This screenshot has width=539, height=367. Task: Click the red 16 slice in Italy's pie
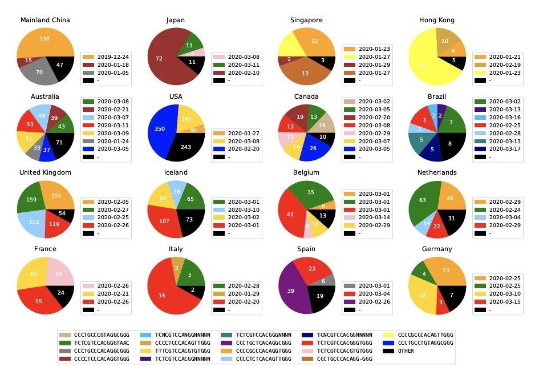click(x=163, y=294)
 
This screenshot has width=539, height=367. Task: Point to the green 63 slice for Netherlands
click(x=423, y=200)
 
